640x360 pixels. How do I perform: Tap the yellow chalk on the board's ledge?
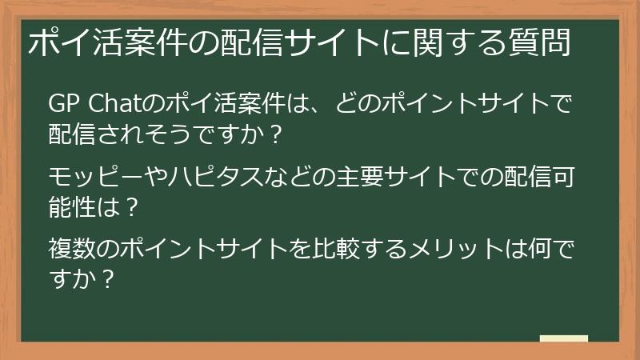click(x=563, y=338)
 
